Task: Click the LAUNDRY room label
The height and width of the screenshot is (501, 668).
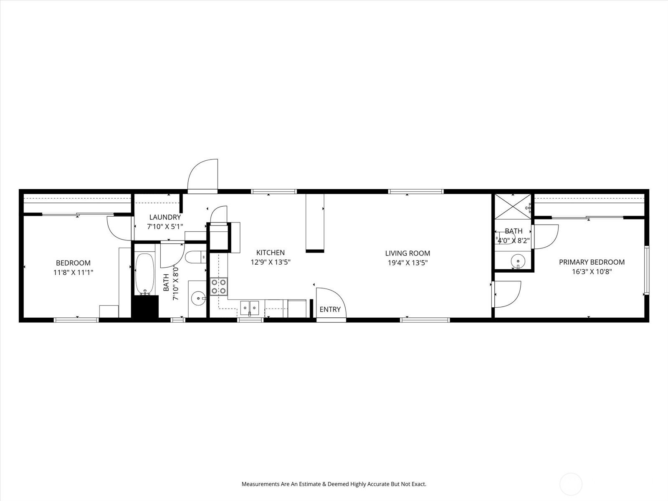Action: click(165, 217)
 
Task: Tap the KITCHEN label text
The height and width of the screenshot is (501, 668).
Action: click(270, 253)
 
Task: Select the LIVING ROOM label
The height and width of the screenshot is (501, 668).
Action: click(407, 253)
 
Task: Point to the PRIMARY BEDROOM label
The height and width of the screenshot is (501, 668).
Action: click(592, 262)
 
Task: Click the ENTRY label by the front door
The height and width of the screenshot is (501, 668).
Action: click(330, 309)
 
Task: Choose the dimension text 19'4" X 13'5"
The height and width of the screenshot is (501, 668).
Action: click(407, 263)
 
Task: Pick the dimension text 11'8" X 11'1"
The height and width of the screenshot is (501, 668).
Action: click(73, 272)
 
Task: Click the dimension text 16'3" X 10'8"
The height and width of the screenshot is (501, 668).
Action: click(592, 272)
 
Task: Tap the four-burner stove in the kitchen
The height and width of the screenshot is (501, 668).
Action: click(218, 286)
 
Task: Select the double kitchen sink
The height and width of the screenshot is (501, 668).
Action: click(250, 308)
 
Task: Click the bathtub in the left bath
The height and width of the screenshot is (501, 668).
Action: click(144, 274)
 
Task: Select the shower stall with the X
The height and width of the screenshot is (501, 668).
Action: click(513, 207)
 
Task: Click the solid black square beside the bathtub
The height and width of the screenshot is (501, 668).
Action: click(145, 306)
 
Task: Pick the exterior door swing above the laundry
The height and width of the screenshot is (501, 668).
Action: click(202, 176)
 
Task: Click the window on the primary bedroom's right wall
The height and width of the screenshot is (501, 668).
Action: click(646, 270)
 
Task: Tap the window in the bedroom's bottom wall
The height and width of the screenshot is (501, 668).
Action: click(76, 320)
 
